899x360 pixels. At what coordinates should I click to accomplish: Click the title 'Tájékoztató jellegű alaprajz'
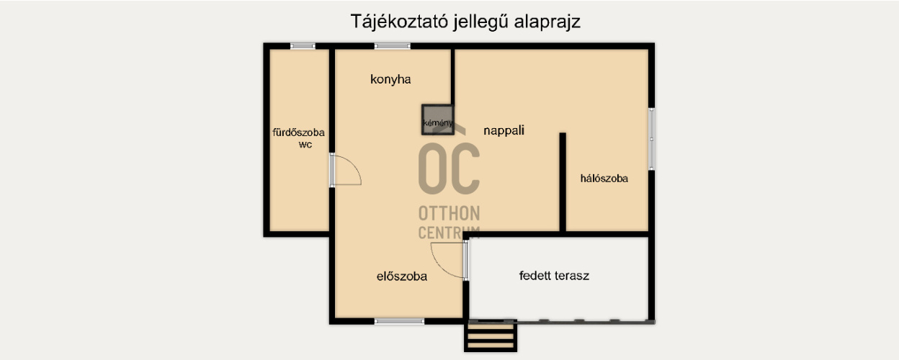click(x=465, y=22)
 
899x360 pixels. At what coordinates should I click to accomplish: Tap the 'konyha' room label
click(x=390, y=79)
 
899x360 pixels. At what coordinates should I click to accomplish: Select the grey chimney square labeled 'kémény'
click(x=437, y=120)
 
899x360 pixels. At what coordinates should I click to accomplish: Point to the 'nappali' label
click(x=504, y=130)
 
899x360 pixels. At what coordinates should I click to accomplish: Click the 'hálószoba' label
click(x=604, y=178)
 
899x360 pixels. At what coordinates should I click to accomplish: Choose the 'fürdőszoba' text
click(x=298, y=132)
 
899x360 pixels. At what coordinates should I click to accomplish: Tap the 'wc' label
click(x=305, y=144)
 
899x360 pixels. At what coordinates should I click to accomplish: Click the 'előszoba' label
click(x=402, y=276)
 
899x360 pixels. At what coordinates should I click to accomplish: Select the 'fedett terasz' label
click(x=555, y=275)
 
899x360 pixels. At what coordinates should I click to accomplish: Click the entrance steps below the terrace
click(x=491, y=336)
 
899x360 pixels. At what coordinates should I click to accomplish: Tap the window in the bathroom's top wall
click(x=303, y=46)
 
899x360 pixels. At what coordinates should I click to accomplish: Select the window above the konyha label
click(x=393, y=46)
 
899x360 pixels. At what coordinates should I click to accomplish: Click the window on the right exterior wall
click(x=652, y=139)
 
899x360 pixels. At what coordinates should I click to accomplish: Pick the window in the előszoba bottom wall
click(x=400, y=321)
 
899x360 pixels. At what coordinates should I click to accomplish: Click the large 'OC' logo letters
click(x=449, y=168)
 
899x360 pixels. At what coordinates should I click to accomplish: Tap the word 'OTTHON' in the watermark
click(x=449, y=214)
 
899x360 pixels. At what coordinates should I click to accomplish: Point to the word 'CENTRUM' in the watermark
click(x=449, y=232)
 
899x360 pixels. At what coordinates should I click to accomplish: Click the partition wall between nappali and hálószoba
click(x=563, y=181)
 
